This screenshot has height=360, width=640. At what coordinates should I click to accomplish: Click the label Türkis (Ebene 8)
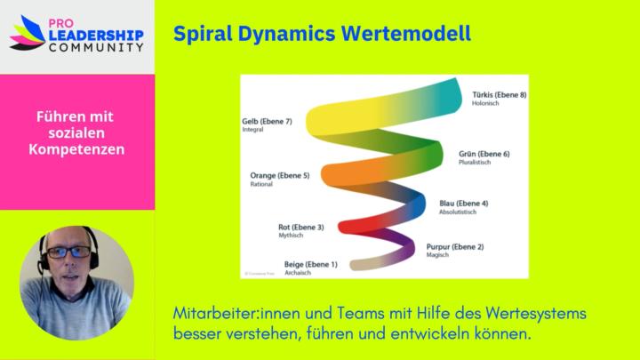pyautogui.click(x=500, y=94)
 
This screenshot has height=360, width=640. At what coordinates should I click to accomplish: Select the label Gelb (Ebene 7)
pyautogui.click(x=267, y=121)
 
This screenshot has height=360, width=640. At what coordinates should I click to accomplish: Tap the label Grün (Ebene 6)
pyautogui.click(x=484, y=154)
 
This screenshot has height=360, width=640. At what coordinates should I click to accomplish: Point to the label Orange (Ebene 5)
pyautogui.click(x=280, y=176)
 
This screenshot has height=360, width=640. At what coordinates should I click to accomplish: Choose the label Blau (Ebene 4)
pyautogui.click(x=463, y=204)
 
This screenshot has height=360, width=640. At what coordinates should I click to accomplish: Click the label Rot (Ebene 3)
pyautogui.click(x=300, y=228)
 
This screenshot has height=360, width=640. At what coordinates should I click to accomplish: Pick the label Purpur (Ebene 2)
pyautogui.click(x=455, y=246)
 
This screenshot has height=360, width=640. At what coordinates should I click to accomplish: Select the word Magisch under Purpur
pyautogui.click(x=438, y=255)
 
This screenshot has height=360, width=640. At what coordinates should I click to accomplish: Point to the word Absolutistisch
pyautogui.click(x=458, y=212)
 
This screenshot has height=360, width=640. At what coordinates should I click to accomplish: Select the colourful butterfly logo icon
pyautogui.click(x=27, y=33)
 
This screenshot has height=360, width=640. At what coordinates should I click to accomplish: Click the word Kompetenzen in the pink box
pyautogui.click(x=76, y=149)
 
